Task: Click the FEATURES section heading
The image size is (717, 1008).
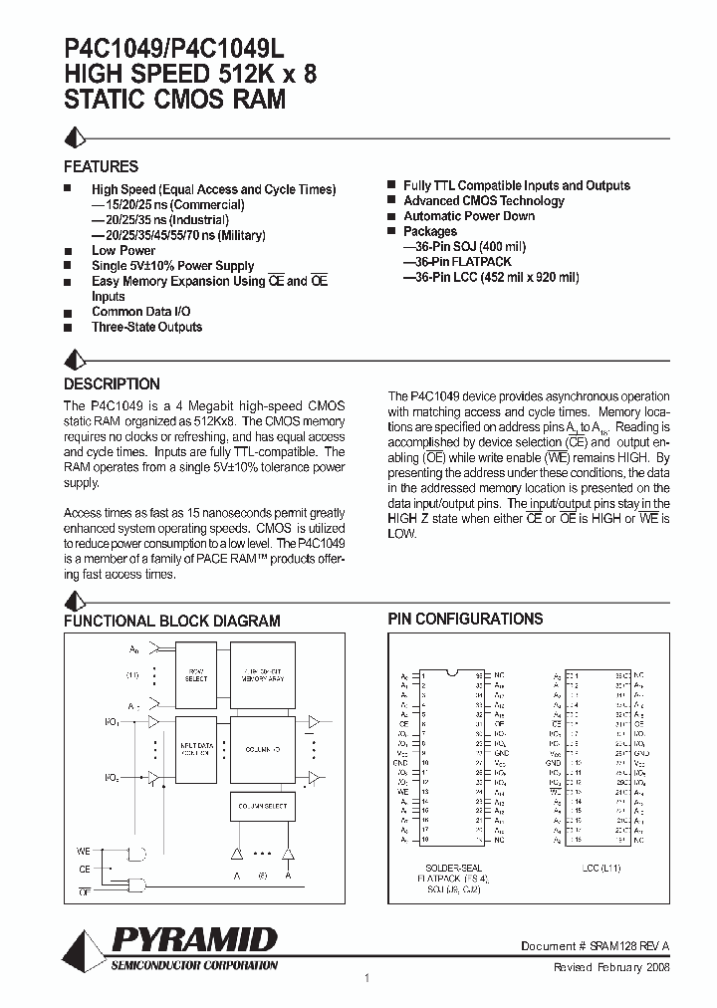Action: (x=101, y=166)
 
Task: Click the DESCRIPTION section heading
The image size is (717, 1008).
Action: (x=112, y=383)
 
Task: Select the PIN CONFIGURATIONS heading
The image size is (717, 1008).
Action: (x=465, y=619)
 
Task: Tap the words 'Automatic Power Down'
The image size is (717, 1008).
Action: (x=468, y=216)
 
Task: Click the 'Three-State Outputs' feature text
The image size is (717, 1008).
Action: (x=146, y=327)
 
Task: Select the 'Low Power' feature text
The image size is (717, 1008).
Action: (x=123, y=251)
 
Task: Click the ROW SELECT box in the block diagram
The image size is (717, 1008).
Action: (x=196, y=675)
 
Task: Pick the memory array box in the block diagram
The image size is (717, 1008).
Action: (x=262, y=674)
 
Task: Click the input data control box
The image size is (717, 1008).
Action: (x=196, y=748)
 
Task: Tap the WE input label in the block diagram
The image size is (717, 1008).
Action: (x=84, y=851)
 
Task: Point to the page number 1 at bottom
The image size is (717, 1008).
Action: (x=367, y=978)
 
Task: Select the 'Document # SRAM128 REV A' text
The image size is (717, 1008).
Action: (x=595, y=946)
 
